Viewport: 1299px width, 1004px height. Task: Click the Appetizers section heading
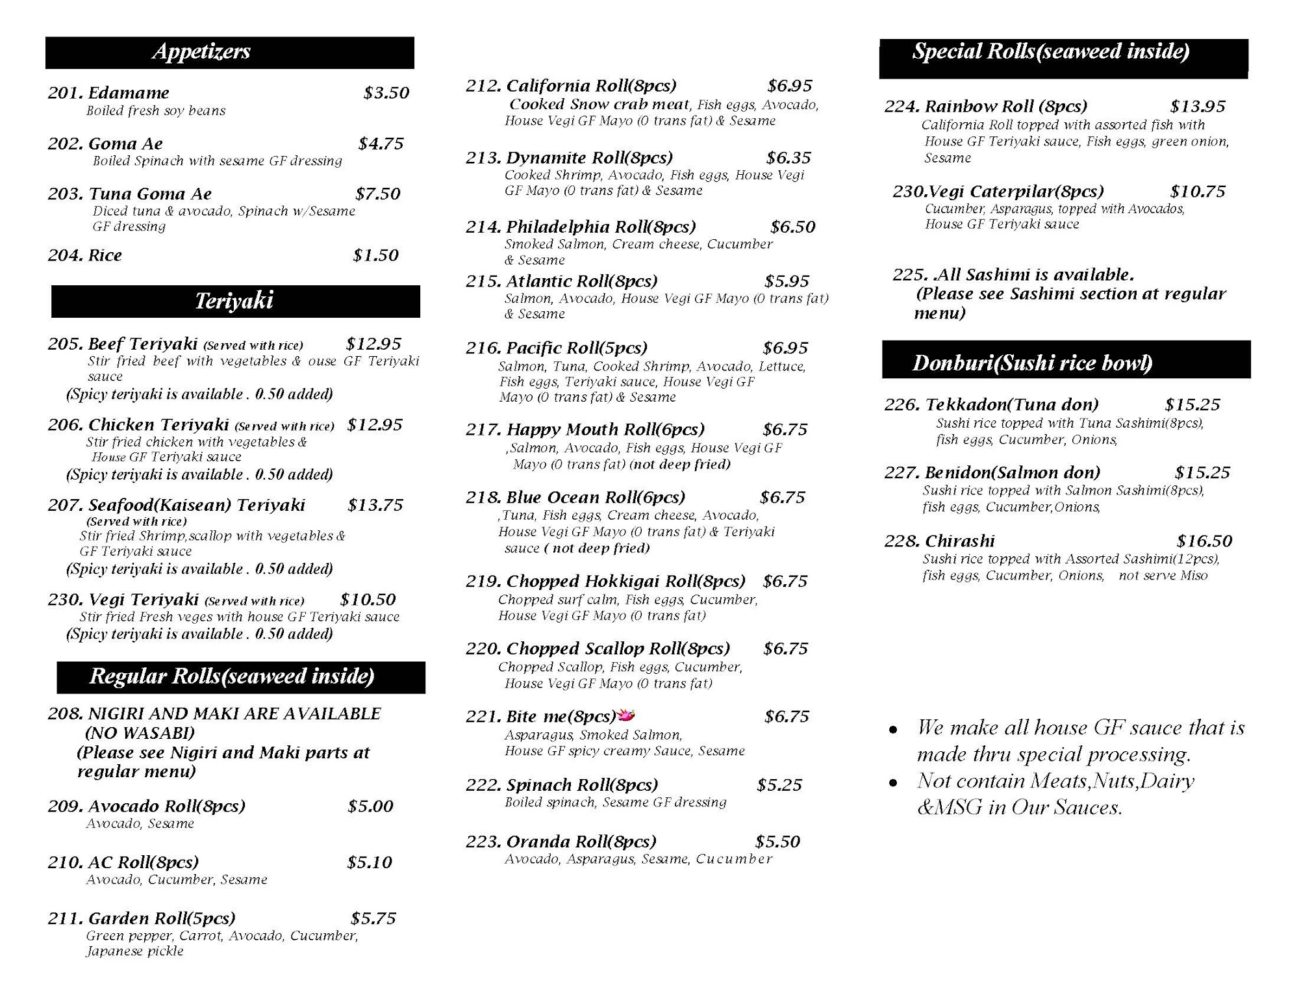pos(201,51)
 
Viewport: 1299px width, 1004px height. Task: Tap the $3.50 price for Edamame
pos(386,93)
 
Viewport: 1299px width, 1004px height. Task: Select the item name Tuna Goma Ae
pos(150,194)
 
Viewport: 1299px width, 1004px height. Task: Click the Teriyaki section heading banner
pos(234,301)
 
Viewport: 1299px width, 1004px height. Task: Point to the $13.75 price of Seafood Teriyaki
pos(375,505)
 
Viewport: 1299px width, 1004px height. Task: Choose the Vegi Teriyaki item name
pos(144,599)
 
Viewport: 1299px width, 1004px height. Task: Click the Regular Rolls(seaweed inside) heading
pos(232,676)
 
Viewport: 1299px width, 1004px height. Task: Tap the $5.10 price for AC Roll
pos(369,862)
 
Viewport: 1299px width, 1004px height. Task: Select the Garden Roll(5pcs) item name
pos(162,918)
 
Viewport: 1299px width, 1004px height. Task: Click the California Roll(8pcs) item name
pos(591,86)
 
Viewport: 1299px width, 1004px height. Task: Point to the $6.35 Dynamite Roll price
pos(788,158)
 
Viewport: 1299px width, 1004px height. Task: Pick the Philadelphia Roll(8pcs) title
pos(601,227)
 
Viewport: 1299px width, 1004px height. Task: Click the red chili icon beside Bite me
pos(625,715)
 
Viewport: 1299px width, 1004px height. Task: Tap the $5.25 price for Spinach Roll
pos(779,785)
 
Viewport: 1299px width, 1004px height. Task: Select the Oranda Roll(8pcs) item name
pos(581,842)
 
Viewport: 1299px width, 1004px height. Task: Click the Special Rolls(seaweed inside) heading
pos(1050,52)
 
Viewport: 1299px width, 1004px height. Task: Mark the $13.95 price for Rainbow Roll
pos(1197,107)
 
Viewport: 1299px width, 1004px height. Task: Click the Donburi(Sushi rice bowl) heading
pos(1032,363)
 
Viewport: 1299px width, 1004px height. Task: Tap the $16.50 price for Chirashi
pos(1204,541)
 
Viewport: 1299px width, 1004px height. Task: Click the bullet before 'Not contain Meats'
pos(893,783)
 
